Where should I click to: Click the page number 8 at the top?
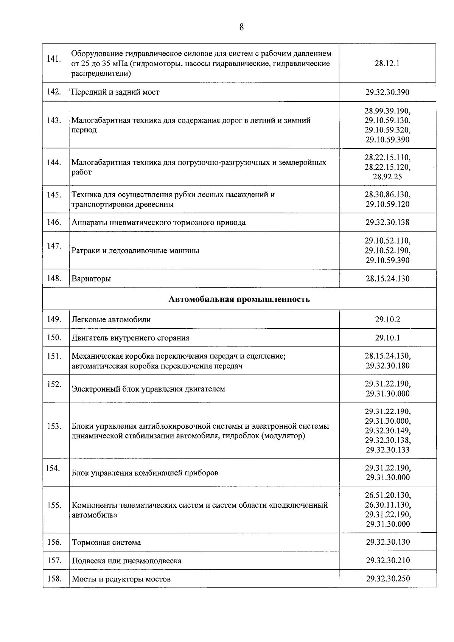click(241, 27)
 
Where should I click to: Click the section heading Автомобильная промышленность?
click(239, 299)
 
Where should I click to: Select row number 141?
click(54, 59)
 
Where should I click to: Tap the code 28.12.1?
click(387, 64)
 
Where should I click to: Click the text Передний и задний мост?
click(115, 92)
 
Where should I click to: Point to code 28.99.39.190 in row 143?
click(387, 111)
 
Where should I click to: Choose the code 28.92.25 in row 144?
click(387, 177)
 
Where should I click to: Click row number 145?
click(54, 195)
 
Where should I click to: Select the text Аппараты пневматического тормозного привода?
click(159, 222)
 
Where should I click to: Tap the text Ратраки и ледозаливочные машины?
click(135, 250)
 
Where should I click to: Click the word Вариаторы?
click(91, 279)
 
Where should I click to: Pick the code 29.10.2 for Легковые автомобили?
click(387, 319)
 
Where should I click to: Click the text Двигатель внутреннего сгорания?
click(131, 338)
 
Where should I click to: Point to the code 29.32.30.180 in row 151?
click(387, 365)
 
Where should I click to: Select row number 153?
click(54, 426)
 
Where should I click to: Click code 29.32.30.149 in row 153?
click(387, 431)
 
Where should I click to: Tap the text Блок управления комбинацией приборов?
click(145, 473)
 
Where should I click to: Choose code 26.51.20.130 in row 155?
click(387, 495)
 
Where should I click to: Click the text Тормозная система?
click(106, 542)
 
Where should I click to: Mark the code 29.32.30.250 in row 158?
click(388, 578)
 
